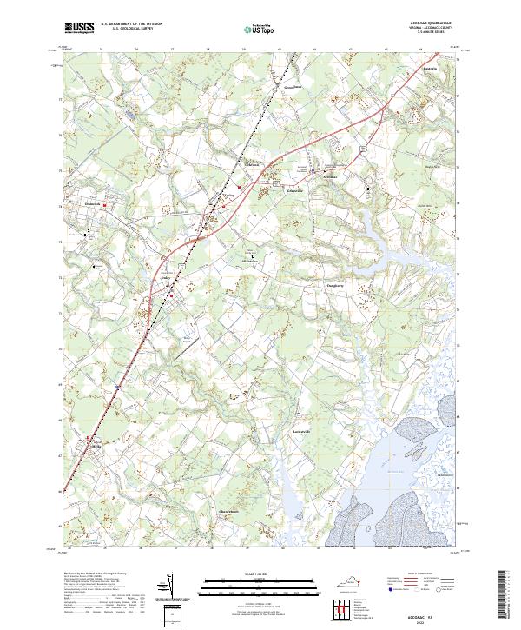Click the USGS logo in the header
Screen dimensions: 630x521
coord(79,29)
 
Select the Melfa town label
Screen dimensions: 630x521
coord(96,446)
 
